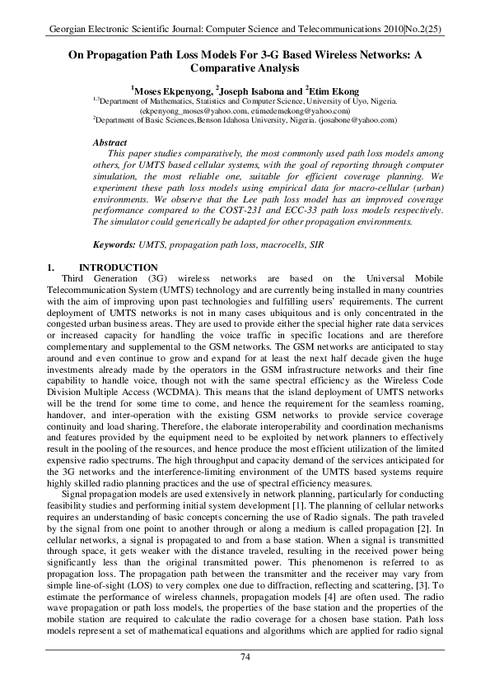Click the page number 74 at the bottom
point(245,655)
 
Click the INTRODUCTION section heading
point(118,267)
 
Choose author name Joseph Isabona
point(253,89)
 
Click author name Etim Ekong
point(335,89)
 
